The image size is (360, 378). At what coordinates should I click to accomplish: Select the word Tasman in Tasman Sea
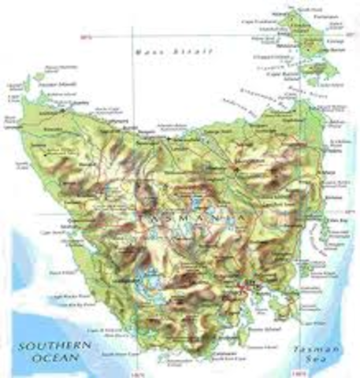pyautogui.click(x=326, y=348)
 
